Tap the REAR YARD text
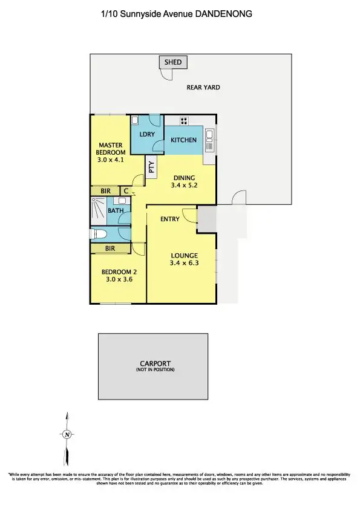coord(203,88)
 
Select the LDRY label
coord(147,134)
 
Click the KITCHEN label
coord(183,140)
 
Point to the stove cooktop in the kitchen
coord(183,120)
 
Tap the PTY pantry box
coord(151,167)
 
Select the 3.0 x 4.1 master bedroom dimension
coord(111,160)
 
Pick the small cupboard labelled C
coord(125,191)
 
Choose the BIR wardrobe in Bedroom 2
coord(110,248)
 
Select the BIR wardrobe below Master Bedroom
coord(105,191)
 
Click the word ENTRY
coord(169,219)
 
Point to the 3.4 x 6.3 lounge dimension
coord(184,264)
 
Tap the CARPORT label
coord(155,363)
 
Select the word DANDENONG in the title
coord(222,13)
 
